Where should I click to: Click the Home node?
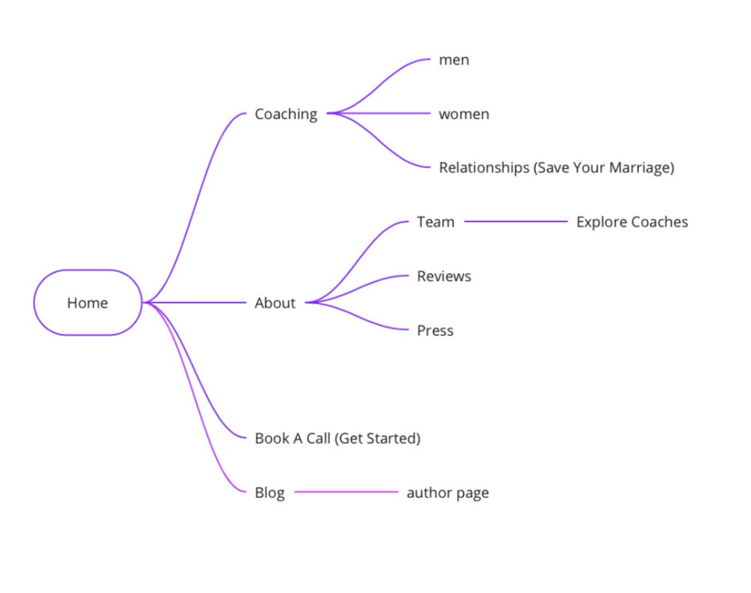point(88,303)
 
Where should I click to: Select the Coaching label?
point(286,114)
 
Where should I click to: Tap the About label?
point(275,303)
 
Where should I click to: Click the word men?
point(454,60)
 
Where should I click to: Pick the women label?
point(464,114)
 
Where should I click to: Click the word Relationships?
point(484,168)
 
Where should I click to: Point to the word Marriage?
point(639,168)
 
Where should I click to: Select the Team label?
point(436,222)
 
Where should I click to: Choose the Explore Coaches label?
point(632,222)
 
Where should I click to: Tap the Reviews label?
point(444,276)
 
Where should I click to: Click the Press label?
point(435,331)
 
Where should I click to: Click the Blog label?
point(270,493)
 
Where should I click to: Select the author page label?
point(448,493)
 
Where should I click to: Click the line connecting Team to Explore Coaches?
point(515,222)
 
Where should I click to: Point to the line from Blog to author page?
point(346,492)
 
